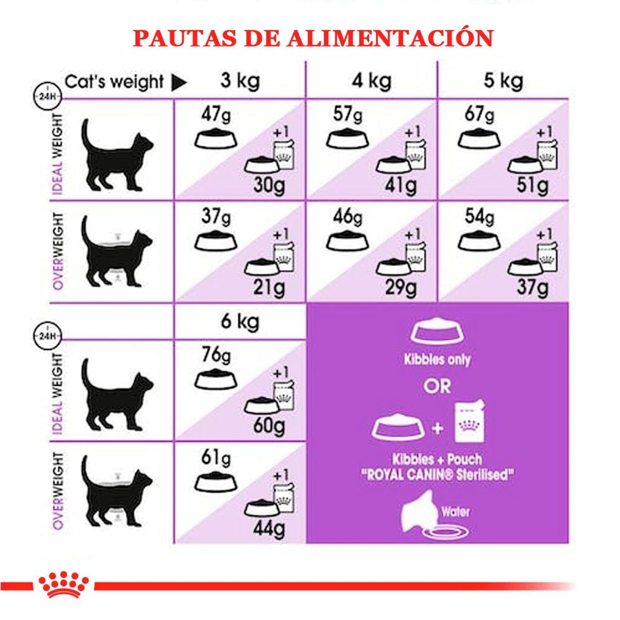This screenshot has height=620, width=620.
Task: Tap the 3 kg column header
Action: click(240, 81)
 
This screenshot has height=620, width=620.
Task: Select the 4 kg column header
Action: click(371, 81)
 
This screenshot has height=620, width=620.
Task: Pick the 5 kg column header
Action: click(503, 81)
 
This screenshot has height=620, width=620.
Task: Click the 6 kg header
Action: click(240, 321)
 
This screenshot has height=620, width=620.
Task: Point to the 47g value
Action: click(216, 115)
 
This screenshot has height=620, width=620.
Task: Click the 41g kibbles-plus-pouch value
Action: click(400, 185)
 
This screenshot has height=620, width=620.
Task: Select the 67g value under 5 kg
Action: click(479, 115)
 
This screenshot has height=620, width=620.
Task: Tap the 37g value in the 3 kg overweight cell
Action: click(216, 216)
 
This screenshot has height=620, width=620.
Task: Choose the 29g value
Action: click(400, 287)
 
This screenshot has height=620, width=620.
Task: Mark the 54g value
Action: click(479, 216)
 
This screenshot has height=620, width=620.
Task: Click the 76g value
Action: click(216, 355)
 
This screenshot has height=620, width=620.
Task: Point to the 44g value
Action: click(269, 528)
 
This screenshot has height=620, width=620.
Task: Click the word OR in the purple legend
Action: click(437, 386)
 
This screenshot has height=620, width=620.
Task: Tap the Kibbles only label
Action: click(437, 360)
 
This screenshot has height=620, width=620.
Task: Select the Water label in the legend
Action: click(456, 512)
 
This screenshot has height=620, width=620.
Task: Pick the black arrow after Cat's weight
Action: click(179, 82)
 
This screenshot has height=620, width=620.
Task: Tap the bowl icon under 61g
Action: click(216, 483)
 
